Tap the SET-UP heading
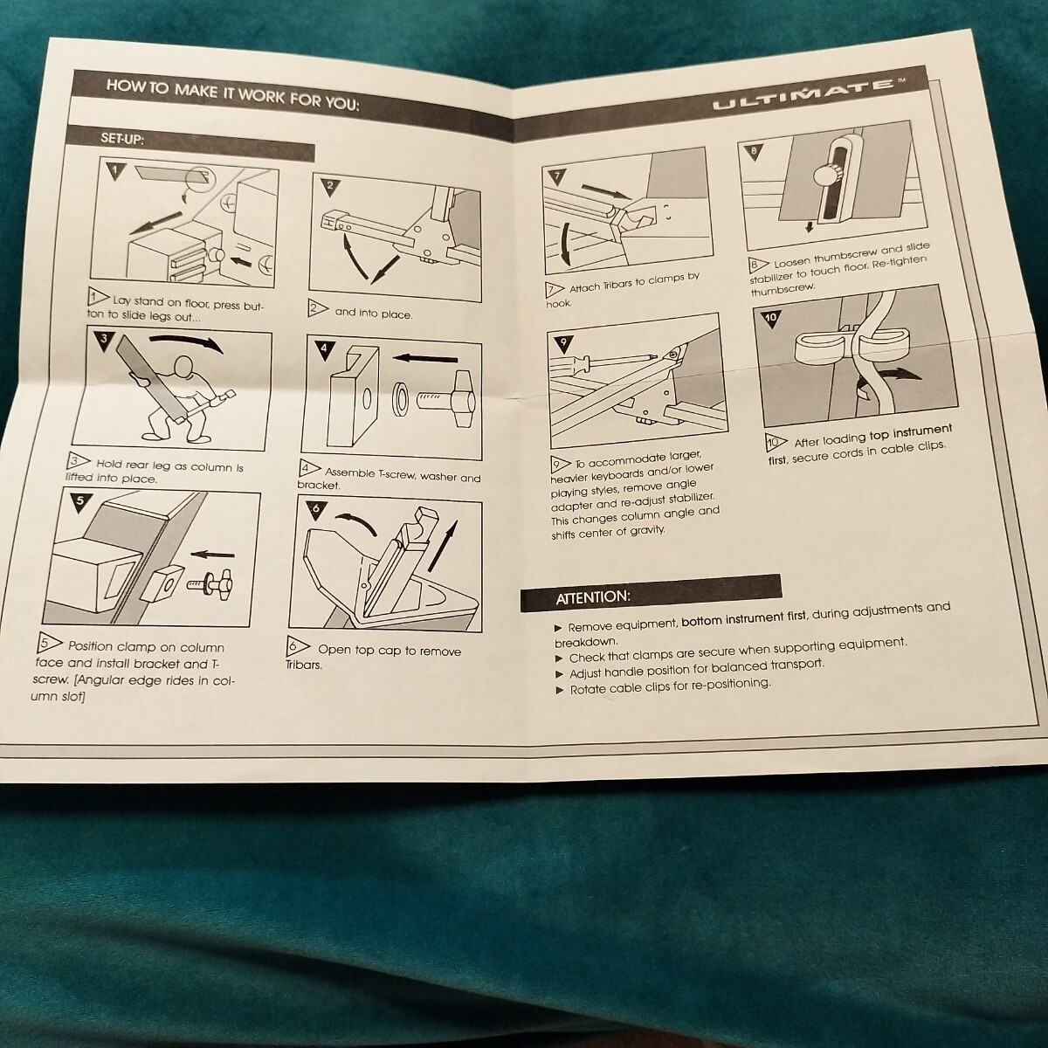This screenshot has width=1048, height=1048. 122,139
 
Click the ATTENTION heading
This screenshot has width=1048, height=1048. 593,596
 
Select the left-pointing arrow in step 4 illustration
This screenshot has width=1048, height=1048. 424,358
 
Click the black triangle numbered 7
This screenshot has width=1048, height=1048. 557,176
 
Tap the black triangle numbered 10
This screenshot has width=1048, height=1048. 771,319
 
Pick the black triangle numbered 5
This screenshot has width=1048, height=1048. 80,501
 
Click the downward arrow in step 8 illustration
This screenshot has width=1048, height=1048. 810,225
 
